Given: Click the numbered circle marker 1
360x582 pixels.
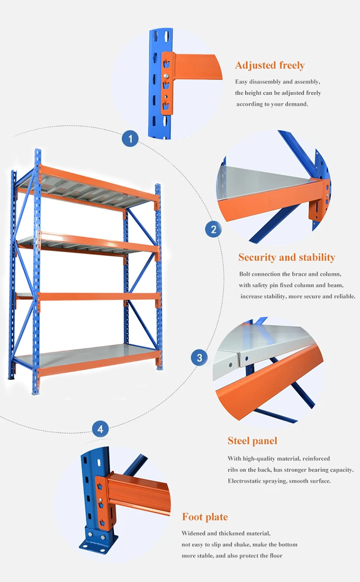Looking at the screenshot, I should pos(130,139).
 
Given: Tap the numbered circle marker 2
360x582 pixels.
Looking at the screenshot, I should pos(213,229).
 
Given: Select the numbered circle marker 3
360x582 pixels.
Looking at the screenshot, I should pos(199,358).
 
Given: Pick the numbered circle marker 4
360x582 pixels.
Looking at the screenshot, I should pos(100,429).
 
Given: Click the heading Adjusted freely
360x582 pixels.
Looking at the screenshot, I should pos(269,66).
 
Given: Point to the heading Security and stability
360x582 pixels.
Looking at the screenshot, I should pos(287,257).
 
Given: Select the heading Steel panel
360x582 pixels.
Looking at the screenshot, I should pos(252,441).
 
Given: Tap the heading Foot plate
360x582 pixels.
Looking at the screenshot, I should pos(204,517).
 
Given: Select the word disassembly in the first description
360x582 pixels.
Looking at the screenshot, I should pos(265,82).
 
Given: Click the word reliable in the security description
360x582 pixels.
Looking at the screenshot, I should pos(342,296).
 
